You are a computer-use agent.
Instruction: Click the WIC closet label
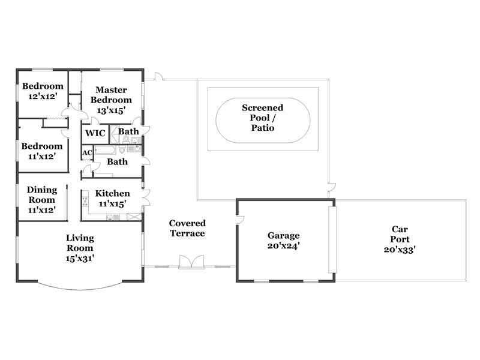point(95,133)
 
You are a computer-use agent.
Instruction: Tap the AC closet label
point(87,152)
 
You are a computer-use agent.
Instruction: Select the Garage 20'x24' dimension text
point(283,246)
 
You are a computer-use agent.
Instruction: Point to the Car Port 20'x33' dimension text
point(400,250)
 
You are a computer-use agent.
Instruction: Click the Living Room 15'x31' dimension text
point(80,259)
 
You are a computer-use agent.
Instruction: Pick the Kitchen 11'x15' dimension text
point(112,203)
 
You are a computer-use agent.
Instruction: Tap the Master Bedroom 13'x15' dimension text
point(111,110)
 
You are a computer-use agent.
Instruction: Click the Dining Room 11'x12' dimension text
point(41,210)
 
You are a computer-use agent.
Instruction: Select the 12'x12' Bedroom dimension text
point(43,96)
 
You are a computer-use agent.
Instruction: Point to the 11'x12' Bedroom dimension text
point(41,157)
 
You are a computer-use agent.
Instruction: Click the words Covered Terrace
point(187,229)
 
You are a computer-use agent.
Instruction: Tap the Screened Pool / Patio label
point(262,118)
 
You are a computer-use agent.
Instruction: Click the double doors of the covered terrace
point(191,262)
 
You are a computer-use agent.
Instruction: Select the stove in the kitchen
point(85,202)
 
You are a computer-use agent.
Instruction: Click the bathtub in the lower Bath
point(105,150)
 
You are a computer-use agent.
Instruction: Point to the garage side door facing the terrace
point(240,220)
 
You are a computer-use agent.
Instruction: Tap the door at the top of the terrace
point(159,76)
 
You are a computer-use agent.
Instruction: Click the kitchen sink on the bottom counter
point(113,217)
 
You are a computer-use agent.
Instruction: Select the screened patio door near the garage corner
point(332,187)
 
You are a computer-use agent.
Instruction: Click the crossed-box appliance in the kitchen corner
point(134,217)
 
